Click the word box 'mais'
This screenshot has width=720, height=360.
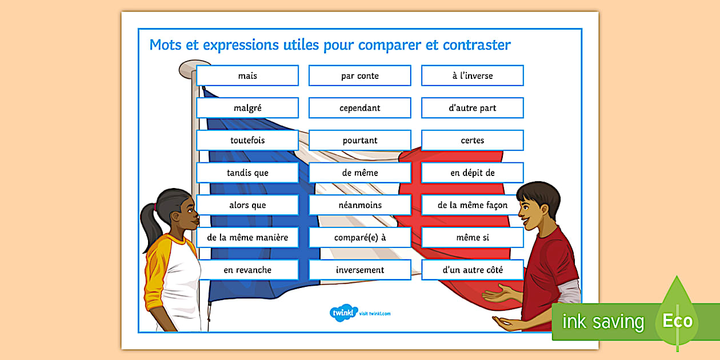click(247, 75)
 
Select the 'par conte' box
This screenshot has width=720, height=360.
click(359, 75)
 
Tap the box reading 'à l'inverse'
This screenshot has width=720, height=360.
click(473, 75)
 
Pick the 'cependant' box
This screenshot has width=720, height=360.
click(359, 107)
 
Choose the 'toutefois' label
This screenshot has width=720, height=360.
click(247, 140)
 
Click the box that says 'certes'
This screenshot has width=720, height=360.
click(473, 140)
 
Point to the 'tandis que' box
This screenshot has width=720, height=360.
click(247, 173)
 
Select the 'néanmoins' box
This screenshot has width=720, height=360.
click(359, 205)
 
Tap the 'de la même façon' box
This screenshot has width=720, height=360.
click(473, 205)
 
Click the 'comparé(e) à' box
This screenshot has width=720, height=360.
click(359, 237)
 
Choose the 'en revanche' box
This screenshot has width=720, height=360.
click(247, 270)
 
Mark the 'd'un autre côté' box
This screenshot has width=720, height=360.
click(473, 270)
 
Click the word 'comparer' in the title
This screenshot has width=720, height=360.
click(390, 45)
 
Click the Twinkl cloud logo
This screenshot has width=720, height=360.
click(343, 313)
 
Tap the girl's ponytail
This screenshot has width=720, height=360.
click(150, 225)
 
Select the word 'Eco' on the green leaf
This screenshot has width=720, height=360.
click(677, 321)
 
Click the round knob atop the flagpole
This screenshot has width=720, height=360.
click(194, 68)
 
